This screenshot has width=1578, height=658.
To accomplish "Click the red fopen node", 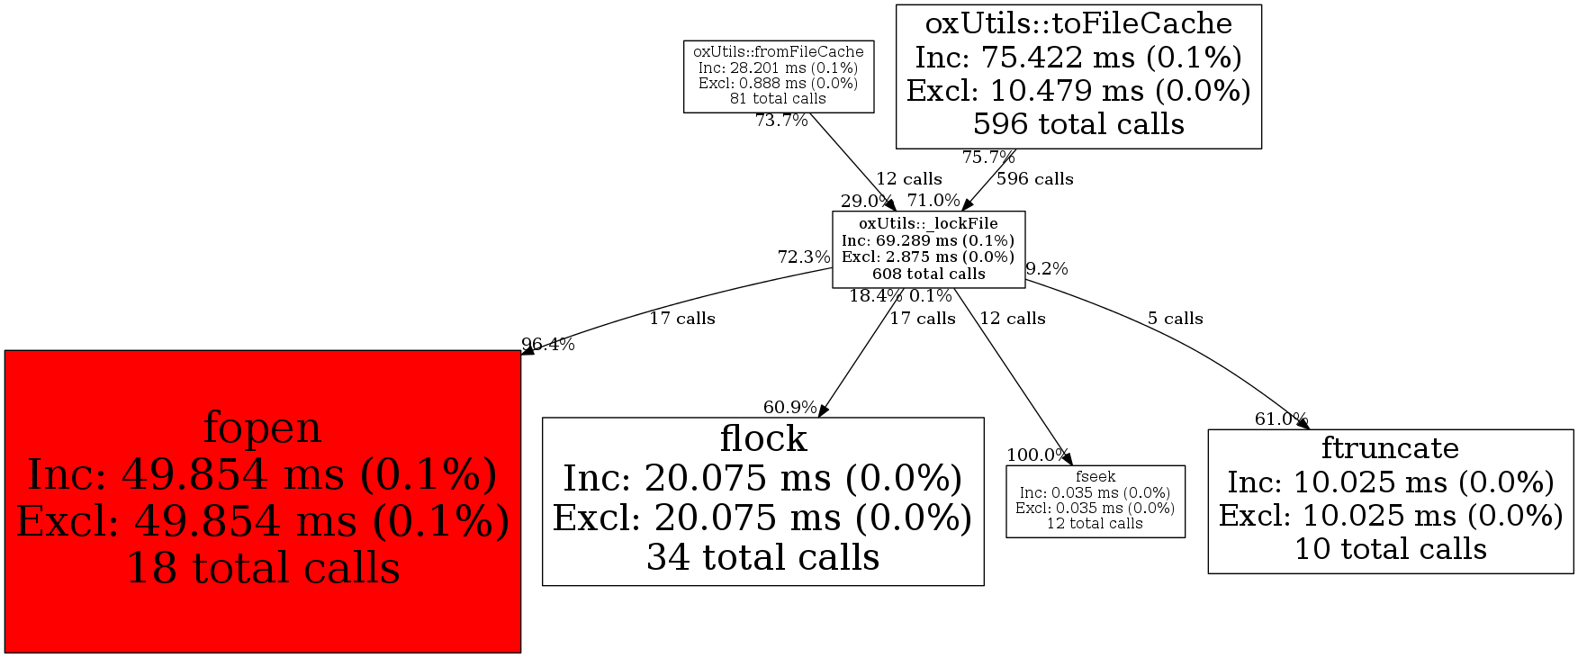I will point(262,500).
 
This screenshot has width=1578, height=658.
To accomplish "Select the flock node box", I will point(762,500).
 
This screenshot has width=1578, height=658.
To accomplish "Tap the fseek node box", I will point(1095,501).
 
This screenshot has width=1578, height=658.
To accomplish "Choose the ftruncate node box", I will point(1390,500).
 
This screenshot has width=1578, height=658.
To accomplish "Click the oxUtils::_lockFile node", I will point(927,249).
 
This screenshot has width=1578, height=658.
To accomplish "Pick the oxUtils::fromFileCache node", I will point(778,76).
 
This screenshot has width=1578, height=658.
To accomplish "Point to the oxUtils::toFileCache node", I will point(1078,76).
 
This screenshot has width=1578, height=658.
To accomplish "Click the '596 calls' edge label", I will point(1034,179).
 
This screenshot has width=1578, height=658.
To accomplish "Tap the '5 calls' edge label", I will point(1175,319).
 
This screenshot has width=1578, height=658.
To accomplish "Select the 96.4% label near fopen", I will point(547,345).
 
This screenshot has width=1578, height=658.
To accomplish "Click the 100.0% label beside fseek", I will point(1037,455).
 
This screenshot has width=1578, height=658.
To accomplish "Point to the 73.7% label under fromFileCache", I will point(780,121).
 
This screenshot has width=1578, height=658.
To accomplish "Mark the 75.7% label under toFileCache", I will point(987,158).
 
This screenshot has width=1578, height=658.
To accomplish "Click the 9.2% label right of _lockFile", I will point(1046,268).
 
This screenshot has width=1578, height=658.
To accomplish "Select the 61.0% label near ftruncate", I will point(1280,419).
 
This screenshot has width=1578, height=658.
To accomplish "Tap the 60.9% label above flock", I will point(789,408).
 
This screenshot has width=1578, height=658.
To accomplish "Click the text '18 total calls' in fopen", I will point(263,569).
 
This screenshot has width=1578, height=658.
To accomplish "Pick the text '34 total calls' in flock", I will point(762,558).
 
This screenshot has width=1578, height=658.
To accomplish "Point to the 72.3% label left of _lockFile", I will point(803,257).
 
